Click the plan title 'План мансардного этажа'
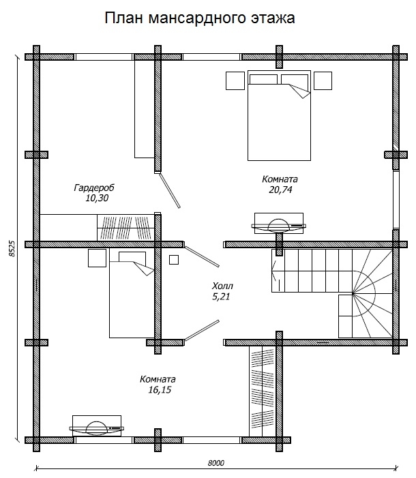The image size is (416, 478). point(200,18)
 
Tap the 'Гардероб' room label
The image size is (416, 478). point(94,188)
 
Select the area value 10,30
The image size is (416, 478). point(97,198)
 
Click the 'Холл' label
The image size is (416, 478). point(222,286)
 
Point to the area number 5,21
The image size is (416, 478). point(221,297)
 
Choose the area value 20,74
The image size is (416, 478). point(280,190)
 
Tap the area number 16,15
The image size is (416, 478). point(160,389)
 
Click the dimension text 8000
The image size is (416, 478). point(216,463)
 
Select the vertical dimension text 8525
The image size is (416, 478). point(12,248)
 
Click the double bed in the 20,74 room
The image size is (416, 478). point(279,115)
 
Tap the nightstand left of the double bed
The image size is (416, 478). point(235,80)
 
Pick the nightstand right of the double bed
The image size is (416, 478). point(323,80)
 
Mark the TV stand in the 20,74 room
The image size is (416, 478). point(279,223)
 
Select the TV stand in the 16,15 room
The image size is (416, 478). point(97,425)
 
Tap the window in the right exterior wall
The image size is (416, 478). point(396,199)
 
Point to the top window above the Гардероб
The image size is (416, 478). point(104,57)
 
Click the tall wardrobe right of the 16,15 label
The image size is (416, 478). point(263,391)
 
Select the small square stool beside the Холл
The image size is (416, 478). point(174,259)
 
